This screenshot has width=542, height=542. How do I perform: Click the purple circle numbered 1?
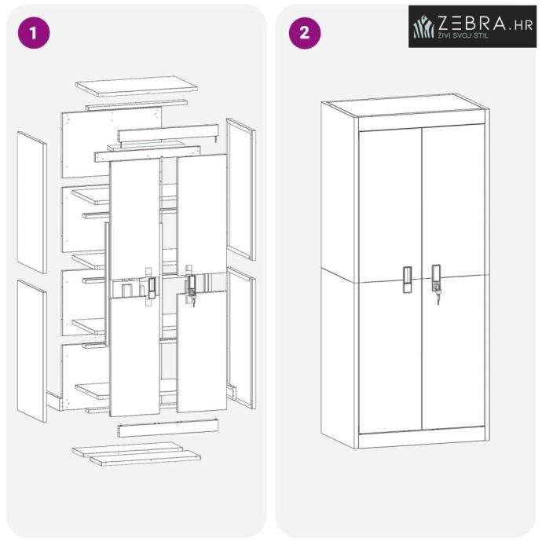click(x=34, y=33)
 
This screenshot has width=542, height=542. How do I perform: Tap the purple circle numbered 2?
click(x=305, y=33)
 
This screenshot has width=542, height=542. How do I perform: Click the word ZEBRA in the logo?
click(x=472, y=23)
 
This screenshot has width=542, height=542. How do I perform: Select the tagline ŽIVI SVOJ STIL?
click(x=463, y=35)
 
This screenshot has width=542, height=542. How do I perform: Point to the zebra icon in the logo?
click(x=424, y=26)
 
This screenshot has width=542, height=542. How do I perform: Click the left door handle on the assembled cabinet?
click(x=407, y=280)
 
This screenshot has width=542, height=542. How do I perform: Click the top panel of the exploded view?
click(x=137, y=86)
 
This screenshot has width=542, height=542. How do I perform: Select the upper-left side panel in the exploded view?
click(x=32, y=203)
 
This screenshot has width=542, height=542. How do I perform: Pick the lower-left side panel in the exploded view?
click(x=32, y=351)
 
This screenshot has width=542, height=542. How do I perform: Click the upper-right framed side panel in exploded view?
click(x=241, y=189)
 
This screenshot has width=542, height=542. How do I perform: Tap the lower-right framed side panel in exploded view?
click(x=241, y=338)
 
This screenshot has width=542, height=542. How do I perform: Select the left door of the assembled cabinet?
click(x=390, y=281)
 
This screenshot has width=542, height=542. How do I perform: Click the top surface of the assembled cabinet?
click(x=405, y=107)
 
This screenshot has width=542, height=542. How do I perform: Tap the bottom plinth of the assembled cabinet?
click(x=422, y=438)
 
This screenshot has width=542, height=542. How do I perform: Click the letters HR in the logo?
click(x=524, y=26)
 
